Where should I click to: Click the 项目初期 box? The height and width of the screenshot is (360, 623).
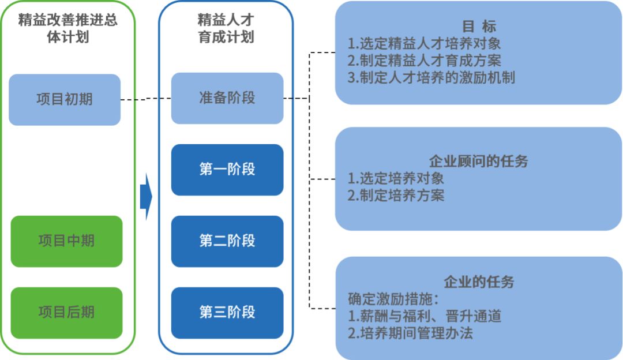pyautogui.click(x=65, y=99)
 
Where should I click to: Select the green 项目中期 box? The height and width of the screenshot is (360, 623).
pyautogui.click(x=66, y=241)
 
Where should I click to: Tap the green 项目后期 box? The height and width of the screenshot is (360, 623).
pyautogui.click(x=66, y=313)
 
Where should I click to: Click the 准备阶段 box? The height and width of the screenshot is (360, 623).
pyautogui.click(x=227, y=98)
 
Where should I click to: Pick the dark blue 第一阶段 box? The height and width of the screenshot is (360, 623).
pyautogui.click(x=227, y=170)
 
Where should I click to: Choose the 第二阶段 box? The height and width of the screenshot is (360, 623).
pyautogui.click(x=227, y=241)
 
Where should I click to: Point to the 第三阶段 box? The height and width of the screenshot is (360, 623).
pyautogui.click(x=227, y=313)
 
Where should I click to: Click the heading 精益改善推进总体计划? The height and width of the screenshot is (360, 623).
pyautogui.click(x=68, y=29)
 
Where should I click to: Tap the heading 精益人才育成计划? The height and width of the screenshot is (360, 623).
pyautogui.click(x=226, y=29)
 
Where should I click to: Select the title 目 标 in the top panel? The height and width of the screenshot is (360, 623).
pyautogui.click(x=479, y=27)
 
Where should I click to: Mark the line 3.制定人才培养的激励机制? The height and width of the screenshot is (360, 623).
pyautogui.click(x=431, y=77)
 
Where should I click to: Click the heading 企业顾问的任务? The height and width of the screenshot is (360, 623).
pyautogui.click(x=479, y=161)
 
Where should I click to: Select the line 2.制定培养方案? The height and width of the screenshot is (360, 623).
pyautogui.click(x=396, y=195)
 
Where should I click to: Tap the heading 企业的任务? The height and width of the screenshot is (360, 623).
pyautogui.click(x=479, y=282)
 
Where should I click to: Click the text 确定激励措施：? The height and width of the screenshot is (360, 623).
pyautogui.click(x=394, y=299)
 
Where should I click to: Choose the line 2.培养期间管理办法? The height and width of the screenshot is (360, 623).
pyautogui.click(x=410, y=333)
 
